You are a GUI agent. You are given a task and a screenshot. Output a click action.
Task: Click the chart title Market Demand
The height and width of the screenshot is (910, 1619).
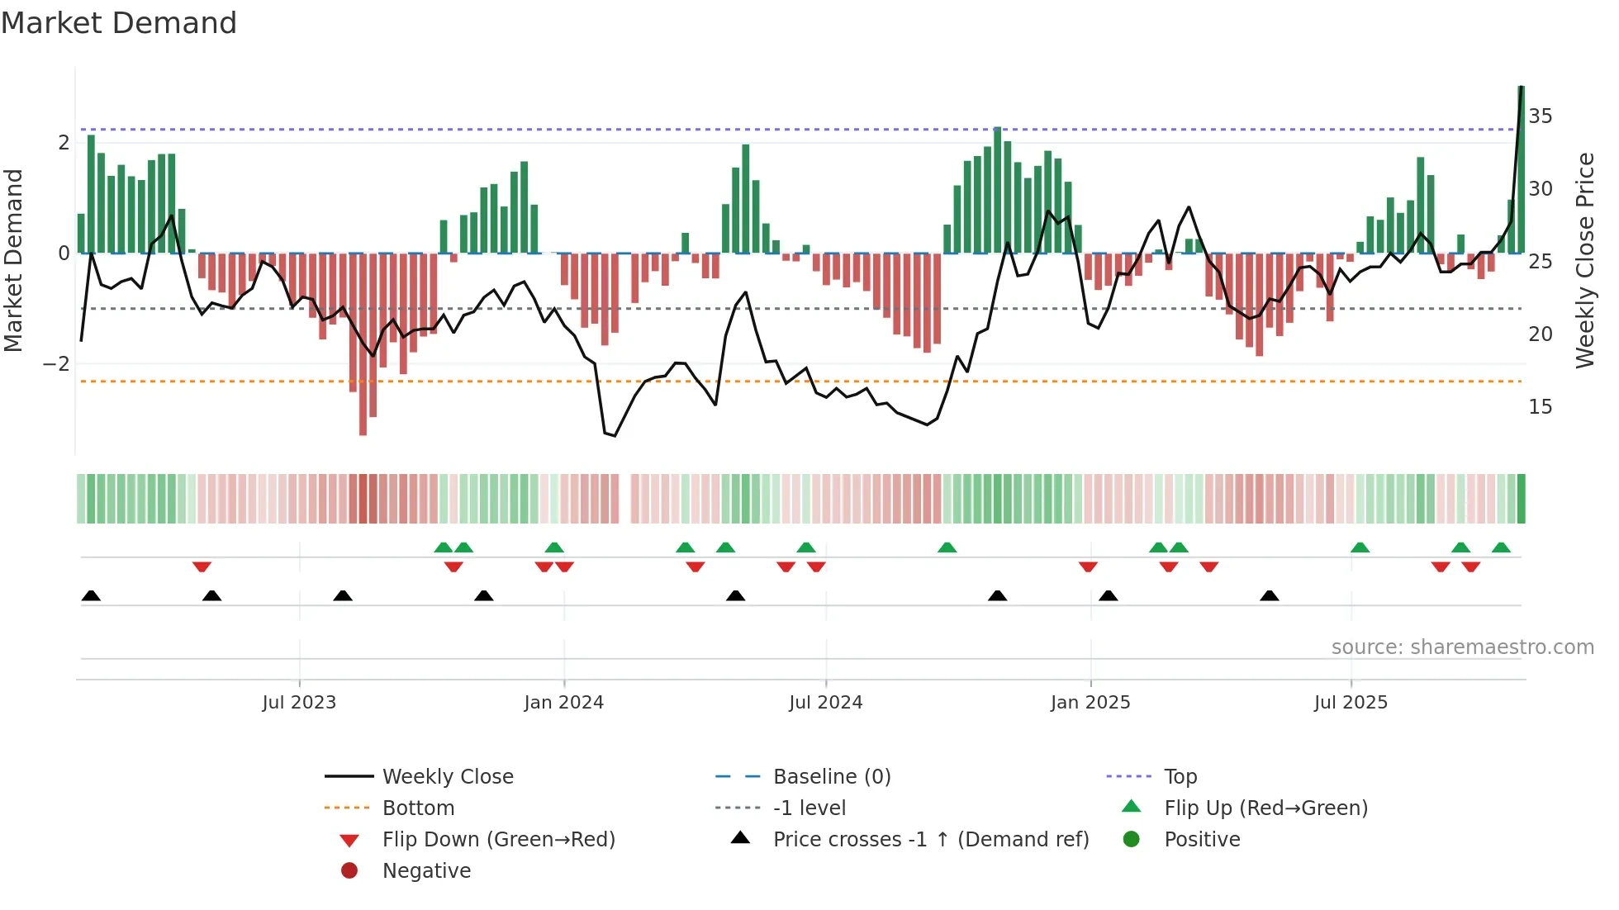pos(119,23)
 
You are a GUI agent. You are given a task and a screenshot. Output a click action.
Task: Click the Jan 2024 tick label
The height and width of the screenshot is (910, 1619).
pos(563,703)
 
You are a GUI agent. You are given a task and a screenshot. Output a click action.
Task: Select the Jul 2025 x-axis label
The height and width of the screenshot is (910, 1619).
pos(1351,703)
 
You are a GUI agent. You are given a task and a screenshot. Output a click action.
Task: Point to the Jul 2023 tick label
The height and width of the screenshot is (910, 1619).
pos(299,703)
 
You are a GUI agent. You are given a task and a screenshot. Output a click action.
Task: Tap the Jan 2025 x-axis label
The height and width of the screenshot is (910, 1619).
pos(1090,703)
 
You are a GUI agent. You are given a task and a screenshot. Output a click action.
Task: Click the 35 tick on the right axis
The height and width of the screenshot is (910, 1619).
pos(1540,116)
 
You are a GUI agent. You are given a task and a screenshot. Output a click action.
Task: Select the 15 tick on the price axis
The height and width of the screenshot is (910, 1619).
pos(1540,407)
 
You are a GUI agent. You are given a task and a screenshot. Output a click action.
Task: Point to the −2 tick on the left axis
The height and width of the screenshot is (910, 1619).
pos(56,364)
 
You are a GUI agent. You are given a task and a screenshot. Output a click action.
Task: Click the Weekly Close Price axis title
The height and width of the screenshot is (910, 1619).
pos(1584,260)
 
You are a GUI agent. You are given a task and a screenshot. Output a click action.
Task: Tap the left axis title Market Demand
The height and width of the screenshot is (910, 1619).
pos(14,260)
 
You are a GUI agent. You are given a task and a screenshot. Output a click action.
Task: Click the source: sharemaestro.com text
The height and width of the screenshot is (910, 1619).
pos(1462,647)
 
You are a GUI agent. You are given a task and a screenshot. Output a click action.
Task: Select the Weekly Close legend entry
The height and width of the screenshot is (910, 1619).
pos(447,777)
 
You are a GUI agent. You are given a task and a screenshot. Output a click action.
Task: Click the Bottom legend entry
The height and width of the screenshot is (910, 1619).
pos(418,808)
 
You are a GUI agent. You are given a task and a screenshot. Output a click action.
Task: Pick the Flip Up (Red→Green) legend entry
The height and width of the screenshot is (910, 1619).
pos(1265,808)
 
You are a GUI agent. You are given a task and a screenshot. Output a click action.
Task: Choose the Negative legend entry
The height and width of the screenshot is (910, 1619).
pos(426,871)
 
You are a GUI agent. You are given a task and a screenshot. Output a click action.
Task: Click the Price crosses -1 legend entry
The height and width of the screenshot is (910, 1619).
pos(930,840)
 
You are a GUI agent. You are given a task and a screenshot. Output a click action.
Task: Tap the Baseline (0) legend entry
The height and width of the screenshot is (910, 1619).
pos(831,777)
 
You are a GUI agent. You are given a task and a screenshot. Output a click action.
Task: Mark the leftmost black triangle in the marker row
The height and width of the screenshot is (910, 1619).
pos(91,596)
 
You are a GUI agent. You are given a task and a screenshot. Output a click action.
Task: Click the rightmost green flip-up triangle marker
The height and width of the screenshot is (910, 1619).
pos(1501,547)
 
